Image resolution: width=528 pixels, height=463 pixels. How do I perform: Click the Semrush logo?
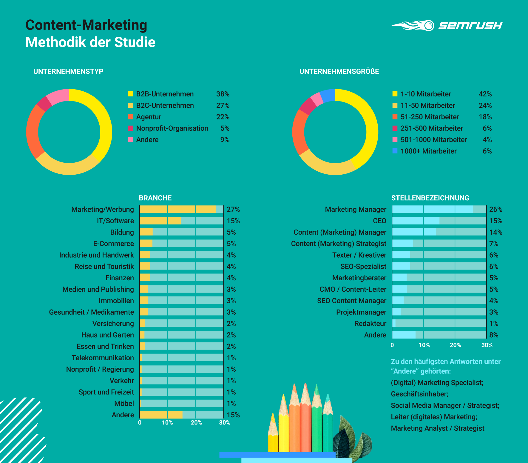pos(447,25)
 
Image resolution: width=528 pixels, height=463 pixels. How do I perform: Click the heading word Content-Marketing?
pos(86,25)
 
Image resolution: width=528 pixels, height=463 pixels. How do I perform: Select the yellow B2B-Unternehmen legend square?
pos(130,94)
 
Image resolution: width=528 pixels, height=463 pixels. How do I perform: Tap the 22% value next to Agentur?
pos(223,117)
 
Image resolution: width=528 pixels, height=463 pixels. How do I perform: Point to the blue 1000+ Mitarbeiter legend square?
pos(395,151)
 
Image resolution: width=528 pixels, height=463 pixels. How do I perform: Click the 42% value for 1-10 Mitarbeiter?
pos(485,94)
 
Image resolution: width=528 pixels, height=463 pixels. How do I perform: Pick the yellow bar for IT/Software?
pos(160,221)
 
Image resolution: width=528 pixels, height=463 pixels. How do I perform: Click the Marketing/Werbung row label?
pos(103,210)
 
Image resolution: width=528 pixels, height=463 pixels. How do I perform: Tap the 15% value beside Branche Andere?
pos(233,415)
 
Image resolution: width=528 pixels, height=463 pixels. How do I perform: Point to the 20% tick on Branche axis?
pos(196,423)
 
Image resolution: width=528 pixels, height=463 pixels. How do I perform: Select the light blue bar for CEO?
pos(416,221)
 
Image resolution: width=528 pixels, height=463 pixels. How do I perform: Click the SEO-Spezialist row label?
pos(363,267)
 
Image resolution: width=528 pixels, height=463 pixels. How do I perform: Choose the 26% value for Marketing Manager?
pos(495,210)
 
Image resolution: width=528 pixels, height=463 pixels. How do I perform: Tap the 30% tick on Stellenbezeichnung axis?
pos(487,345)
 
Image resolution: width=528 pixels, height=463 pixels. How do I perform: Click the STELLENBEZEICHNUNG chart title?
pos(430,198)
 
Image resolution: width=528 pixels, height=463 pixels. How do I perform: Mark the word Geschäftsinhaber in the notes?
pos(419,394)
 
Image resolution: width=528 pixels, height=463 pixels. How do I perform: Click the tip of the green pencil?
pos(317,387)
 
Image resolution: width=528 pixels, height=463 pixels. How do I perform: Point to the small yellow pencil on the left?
pos(273,433)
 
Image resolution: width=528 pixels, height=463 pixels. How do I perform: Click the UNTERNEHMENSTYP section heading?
pos(68,71)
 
